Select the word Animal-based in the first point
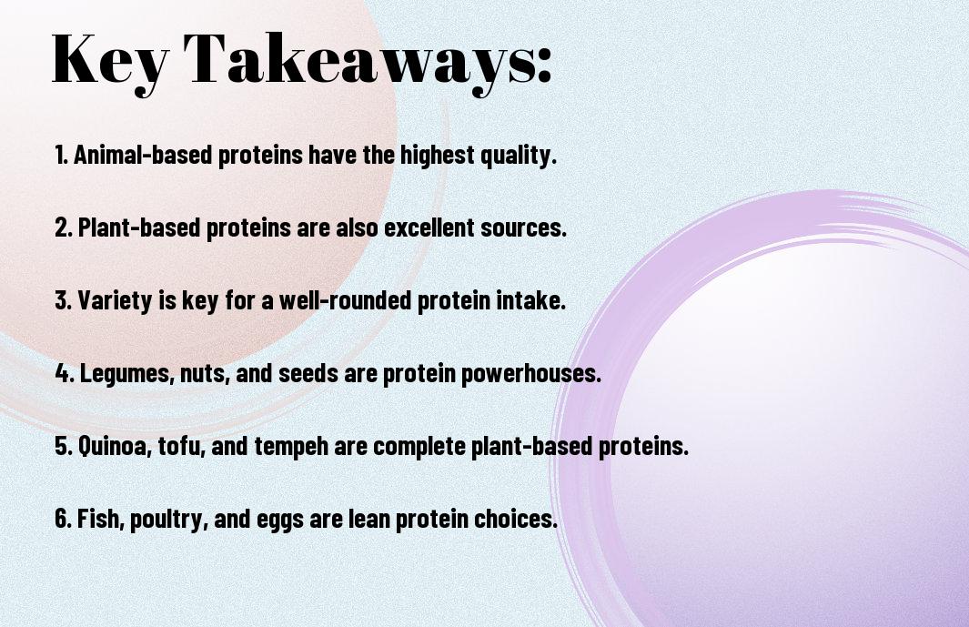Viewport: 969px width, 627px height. [x=143, y=155]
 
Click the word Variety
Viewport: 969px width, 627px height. [x=115, y=300]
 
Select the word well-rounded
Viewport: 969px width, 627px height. [x=346, y=300]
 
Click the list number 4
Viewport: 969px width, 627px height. [x=65, y=373]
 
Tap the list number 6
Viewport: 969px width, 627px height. [x=63, y=518]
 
